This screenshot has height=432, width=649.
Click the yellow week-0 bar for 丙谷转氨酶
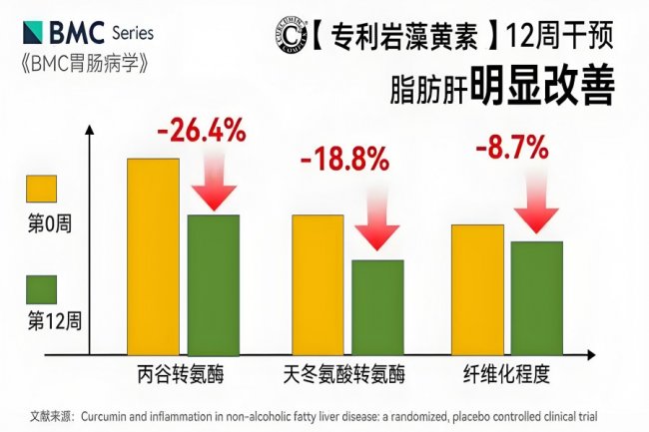153,254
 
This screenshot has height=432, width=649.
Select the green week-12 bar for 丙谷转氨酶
214,283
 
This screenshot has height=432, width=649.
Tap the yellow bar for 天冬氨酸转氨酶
318,283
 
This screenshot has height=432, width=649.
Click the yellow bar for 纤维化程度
476,288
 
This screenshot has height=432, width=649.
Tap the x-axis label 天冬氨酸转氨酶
345,376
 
